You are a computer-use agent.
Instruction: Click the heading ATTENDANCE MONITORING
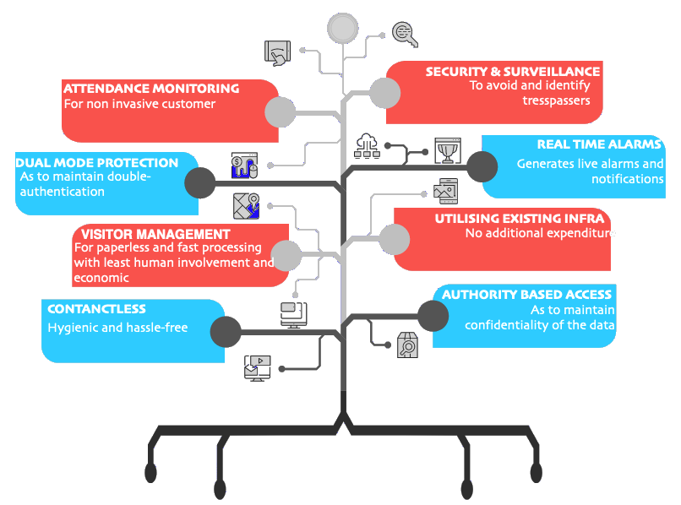tap(151, 88)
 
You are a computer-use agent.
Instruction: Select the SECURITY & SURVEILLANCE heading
tap(513, 72)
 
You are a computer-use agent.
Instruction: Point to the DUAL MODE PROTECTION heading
tap(97, 163)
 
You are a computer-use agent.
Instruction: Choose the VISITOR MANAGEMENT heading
tap(155, 233)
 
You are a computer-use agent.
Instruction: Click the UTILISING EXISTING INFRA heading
tap(519, 219)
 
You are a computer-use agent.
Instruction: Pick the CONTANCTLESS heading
tap(96, 309)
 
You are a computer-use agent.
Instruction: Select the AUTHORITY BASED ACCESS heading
tap(527, 294)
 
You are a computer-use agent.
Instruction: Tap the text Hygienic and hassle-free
tap(117, 328)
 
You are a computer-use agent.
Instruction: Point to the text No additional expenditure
tap(537, 233)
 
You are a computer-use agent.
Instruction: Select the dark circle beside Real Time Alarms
tap(482, 166)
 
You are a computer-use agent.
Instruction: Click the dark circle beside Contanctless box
tap(225, 331)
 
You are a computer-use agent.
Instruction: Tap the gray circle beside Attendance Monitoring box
tap(280, 111)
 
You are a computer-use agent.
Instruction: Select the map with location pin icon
tap(246, 205)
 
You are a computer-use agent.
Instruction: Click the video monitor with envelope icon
tap(257, 367)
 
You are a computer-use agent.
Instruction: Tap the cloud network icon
tap(368, 146)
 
